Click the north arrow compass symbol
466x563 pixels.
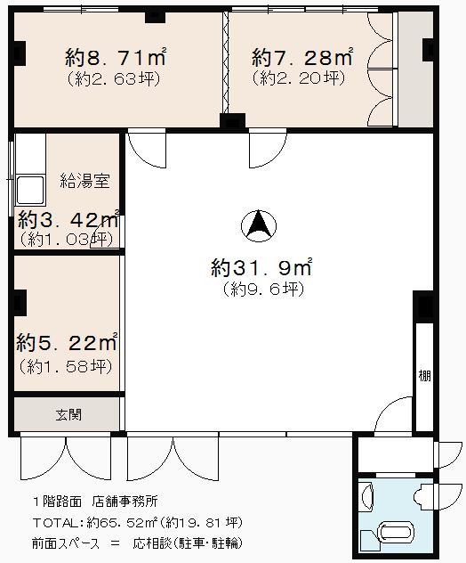(258, 226)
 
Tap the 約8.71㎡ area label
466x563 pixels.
(116, 57)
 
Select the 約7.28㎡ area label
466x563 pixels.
(301, 57)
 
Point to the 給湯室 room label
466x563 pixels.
(84, 181)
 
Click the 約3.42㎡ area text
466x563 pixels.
(68, 219)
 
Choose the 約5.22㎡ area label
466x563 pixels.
(67, 342)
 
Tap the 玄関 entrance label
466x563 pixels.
(68, 415)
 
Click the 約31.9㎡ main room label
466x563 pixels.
(261, 266)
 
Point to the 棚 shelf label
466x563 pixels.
(425, 376)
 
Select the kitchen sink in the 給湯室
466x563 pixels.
(30, 190)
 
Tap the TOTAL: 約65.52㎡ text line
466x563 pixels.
(137, 523)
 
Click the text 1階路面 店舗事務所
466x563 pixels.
(95, 502)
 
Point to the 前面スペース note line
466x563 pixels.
(137, 543)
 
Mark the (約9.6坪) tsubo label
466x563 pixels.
(263, 290)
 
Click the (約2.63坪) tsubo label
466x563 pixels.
(114, 79)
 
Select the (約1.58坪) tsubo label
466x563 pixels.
(66, 366)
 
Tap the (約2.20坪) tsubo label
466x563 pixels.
(299, 78)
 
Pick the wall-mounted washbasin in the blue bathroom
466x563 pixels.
(367, 497)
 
